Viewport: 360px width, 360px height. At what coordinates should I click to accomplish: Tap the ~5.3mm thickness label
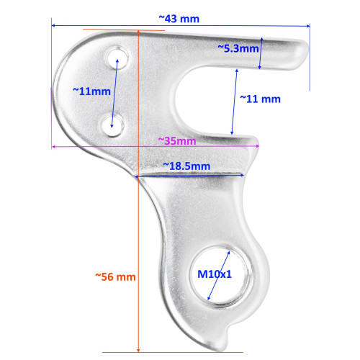[238, 48]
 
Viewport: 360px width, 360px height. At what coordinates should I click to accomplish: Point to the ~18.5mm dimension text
[186, 166]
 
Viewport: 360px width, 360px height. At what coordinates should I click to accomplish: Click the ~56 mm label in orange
[115, 276]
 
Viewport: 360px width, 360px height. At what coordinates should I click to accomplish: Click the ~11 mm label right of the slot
[259, 98]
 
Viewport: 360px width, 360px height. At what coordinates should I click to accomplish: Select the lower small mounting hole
[111, 124]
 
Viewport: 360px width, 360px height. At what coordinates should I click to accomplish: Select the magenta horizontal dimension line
[108, 146]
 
